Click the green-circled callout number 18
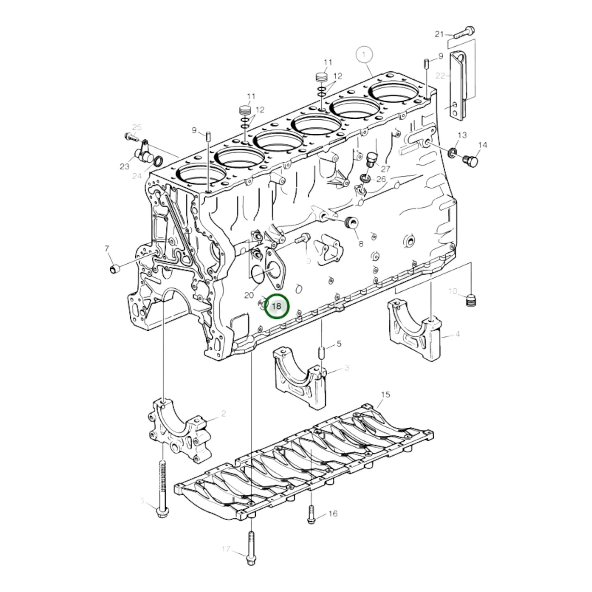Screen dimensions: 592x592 click(x=277, y=306)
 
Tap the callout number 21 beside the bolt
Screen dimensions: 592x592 click(x=439, y=34)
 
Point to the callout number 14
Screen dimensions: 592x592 click(x=482, y=145)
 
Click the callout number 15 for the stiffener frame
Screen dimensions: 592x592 click(x=385, y=395)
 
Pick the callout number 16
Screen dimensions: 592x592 click(x=333, y=513)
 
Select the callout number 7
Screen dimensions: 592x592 click(x=107, y=248)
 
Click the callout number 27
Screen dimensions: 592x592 click(x=386, y=169)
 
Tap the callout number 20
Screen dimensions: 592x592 click(x=249, y=295)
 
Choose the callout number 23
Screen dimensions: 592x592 click(x=125, y=166)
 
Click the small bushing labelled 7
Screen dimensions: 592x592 click(x=115, y=269)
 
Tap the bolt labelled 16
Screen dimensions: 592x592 click(x=311, y=514)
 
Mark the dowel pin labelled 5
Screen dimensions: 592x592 click(x=322, y=352)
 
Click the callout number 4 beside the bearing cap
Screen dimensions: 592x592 click(x=458, y=334)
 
